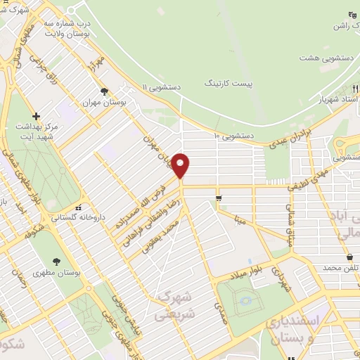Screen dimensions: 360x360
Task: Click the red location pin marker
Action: click(x=181, y=165)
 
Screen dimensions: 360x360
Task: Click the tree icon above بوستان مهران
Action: click(x=105, y=91)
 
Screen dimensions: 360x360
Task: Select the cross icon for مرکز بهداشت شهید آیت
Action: click(x=37, y=116)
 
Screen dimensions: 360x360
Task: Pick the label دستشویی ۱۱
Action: click(x=161, y=87)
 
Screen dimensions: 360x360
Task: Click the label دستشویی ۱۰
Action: click(x=236, y=134)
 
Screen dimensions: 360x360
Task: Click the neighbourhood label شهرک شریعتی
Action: click(x=172, y=300)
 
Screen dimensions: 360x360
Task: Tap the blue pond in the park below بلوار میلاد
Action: click(x=245, y=302)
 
